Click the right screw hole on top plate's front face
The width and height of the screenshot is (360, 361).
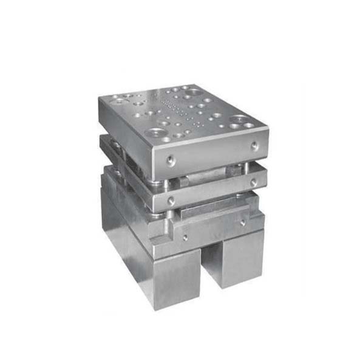[x=254, y=145]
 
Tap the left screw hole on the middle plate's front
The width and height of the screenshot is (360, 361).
[x=172, y=199]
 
